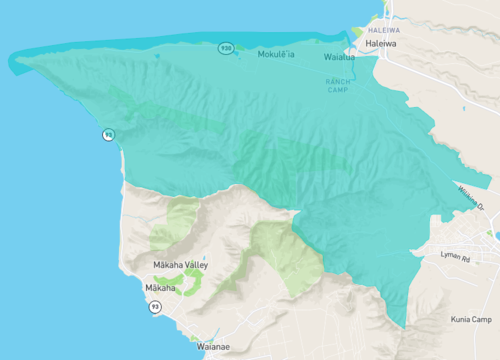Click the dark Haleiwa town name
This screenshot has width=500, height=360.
pos(382,45)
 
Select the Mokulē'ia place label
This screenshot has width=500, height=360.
pos(276,54)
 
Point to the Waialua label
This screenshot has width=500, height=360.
pos(339,57)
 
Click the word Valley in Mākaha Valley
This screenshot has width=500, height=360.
pos(194,264)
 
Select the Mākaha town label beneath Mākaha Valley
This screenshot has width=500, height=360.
pos(160,288)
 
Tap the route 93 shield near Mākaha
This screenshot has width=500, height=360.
pos(155,307)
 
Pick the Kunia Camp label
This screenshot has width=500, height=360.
pos(470,319)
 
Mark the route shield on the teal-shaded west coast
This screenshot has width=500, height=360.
pos(107,134)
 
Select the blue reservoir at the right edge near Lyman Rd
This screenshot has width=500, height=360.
pos(496,236)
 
